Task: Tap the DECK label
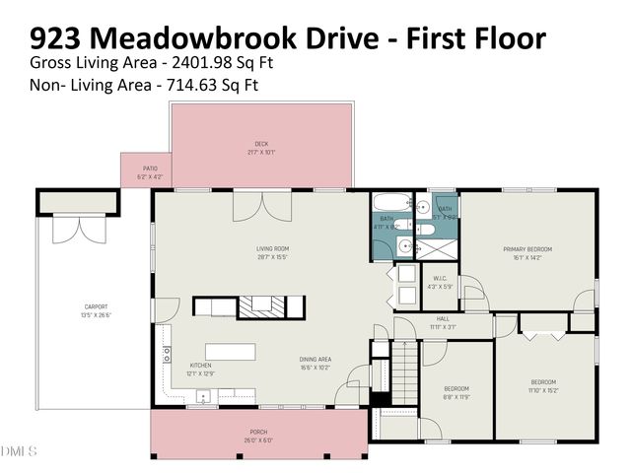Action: point(261,144)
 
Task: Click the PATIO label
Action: point(150,169)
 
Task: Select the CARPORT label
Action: point(96,306)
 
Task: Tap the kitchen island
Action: point(230,351)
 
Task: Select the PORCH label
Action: point(259,432)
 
